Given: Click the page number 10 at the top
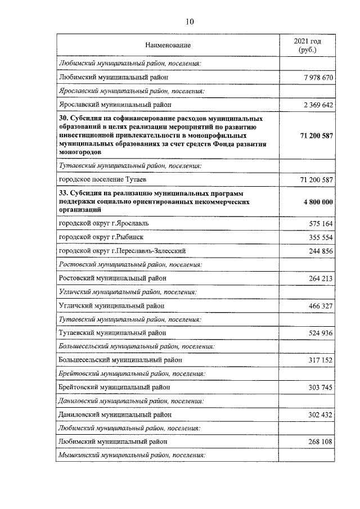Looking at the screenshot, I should coord(189,21).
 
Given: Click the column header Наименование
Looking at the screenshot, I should coord(168,44).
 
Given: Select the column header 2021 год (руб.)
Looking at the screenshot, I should coord(307,45).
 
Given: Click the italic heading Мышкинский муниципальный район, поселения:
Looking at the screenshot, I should coord(132,455).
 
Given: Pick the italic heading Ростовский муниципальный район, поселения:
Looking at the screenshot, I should coord(130,264).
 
